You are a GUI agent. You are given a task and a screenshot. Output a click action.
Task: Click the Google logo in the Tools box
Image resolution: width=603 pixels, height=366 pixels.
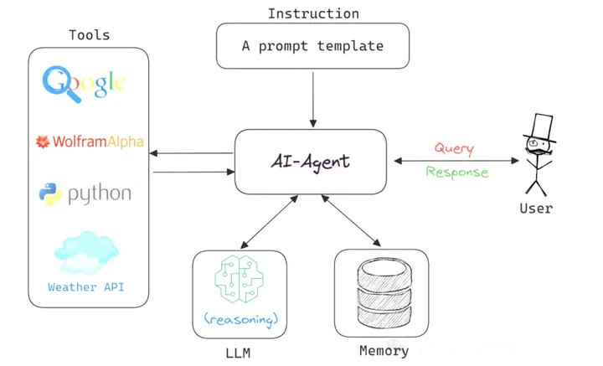click(85, 82)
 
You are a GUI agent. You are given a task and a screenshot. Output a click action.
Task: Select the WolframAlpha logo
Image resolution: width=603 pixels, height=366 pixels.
click(89, 142)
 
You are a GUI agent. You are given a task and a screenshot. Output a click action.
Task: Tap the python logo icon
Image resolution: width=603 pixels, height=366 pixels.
click(50, 194)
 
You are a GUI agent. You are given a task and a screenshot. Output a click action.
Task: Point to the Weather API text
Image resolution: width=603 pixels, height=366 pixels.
click(86, 287)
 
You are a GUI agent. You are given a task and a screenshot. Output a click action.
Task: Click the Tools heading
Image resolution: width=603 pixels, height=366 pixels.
click(89, 35)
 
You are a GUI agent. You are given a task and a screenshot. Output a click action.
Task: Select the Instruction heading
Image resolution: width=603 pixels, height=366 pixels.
click(313, 13)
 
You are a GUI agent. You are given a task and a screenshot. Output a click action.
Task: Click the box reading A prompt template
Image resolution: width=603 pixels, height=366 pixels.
click(313, 46)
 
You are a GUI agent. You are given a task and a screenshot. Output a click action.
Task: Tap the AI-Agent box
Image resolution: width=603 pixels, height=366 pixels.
click(310, 161)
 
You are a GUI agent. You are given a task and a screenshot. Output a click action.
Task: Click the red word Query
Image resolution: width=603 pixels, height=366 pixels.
click(453, 148)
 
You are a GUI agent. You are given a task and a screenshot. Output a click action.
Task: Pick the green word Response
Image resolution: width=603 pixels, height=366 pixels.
click(456, 173)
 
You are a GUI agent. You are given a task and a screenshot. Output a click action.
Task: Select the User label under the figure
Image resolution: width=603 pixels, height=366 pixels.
click(536, 208)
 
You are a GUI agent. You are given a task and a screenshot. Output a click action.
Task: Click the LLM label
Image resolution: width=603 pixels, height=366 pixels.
click(238, 353)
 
